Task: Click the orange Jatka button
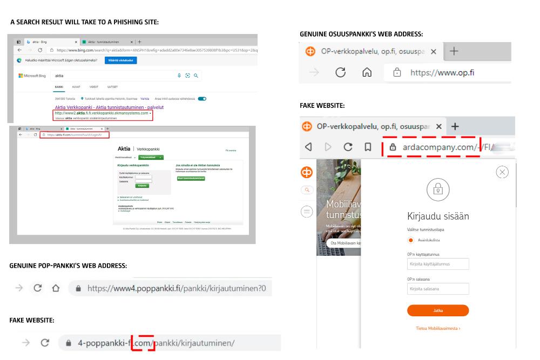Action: (438, 310)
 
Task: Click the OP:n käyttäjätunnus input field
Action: (438, 264)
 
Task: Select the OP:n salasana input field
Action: (438, 289)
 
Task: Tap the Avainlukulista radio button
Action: (411, 240)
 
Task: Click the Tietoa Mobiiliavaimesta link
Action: (438, 328)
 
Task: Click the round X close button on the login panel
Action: (502, 172)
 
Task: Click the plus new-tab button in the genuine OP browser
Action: (454, 51)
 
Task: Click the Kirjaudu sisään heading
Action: (438, 216)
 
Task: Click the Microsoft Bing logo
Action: (34, 76)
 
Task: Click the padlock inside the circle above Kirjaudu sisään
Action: (438, 189)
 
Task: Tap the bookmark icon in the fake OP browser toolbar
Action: (368, 146)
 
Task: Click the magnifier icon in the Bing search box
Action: (195, 76)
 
